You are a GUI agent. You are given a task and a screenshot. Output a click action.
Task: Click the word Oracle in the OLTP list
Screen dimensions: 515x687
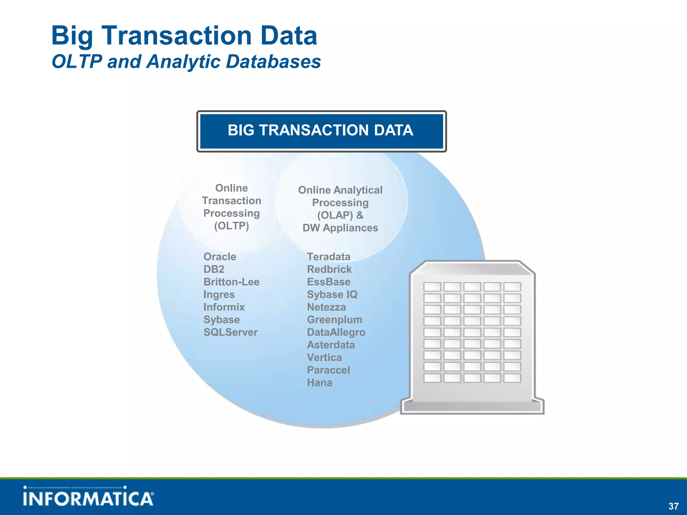pos(220,257)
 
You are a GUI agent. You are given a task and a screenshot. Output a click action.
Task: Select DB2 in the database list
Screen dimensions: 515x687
pos(214,269)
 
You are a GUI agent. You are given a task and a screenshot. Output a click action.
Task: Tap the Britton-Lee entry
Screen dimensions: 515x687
pos(231,282)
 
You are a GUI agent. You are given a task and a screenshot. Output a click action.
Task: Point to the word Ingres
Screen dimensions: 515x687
pos(219,295)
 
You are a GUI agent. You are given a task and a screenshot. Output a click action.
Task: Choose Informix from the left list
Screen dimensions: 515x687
pos(224,307)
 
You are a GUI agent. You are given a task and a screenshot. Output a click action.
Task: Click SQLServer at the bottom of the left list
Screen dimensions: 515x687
pos(230,332)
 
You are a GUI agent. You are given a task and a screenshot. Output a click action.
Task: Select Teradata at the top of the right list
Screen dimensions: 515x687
pos(328,257)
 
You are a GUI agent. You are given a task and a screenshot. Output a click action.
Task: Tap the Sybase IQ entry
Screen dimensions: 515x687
pos(332,295)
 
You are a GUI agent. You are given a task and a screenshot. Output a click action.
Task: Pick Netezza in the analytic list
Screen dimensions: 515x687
pos(326,307)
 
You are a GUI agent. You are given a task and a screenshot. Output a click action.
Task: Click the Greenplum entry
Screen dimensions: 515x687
pos(334,320)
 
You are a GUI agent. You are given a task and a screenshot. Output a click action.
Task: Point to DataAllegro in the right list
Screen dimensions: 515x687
pos(336,332)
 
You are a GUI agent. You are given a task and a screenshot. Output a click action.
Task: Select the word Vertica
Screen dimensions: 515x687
pos(324,357)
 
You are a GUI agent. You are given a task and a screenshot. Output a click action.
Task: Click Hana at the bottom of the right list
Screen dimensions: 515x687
pos(319,383)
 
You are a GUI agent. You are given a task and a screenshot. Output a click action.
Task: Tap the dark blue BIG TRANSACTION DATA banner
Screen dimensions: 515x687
pos(321,131)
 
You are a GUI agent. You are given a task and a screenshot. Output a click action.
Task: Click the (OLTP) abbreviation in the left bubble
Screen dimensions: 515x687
pos(231,226)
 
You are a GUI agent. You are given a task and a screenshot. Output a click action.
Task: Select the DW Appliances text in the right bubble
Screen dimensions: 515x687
pos(340,228)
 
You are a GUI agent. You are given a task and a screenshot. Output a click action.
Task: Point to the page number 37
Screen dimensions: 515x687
pos(673,506)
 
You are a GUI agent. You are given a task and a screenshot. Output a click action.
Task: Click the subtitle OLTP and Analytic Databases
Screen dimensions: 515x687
pos(186,62)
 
